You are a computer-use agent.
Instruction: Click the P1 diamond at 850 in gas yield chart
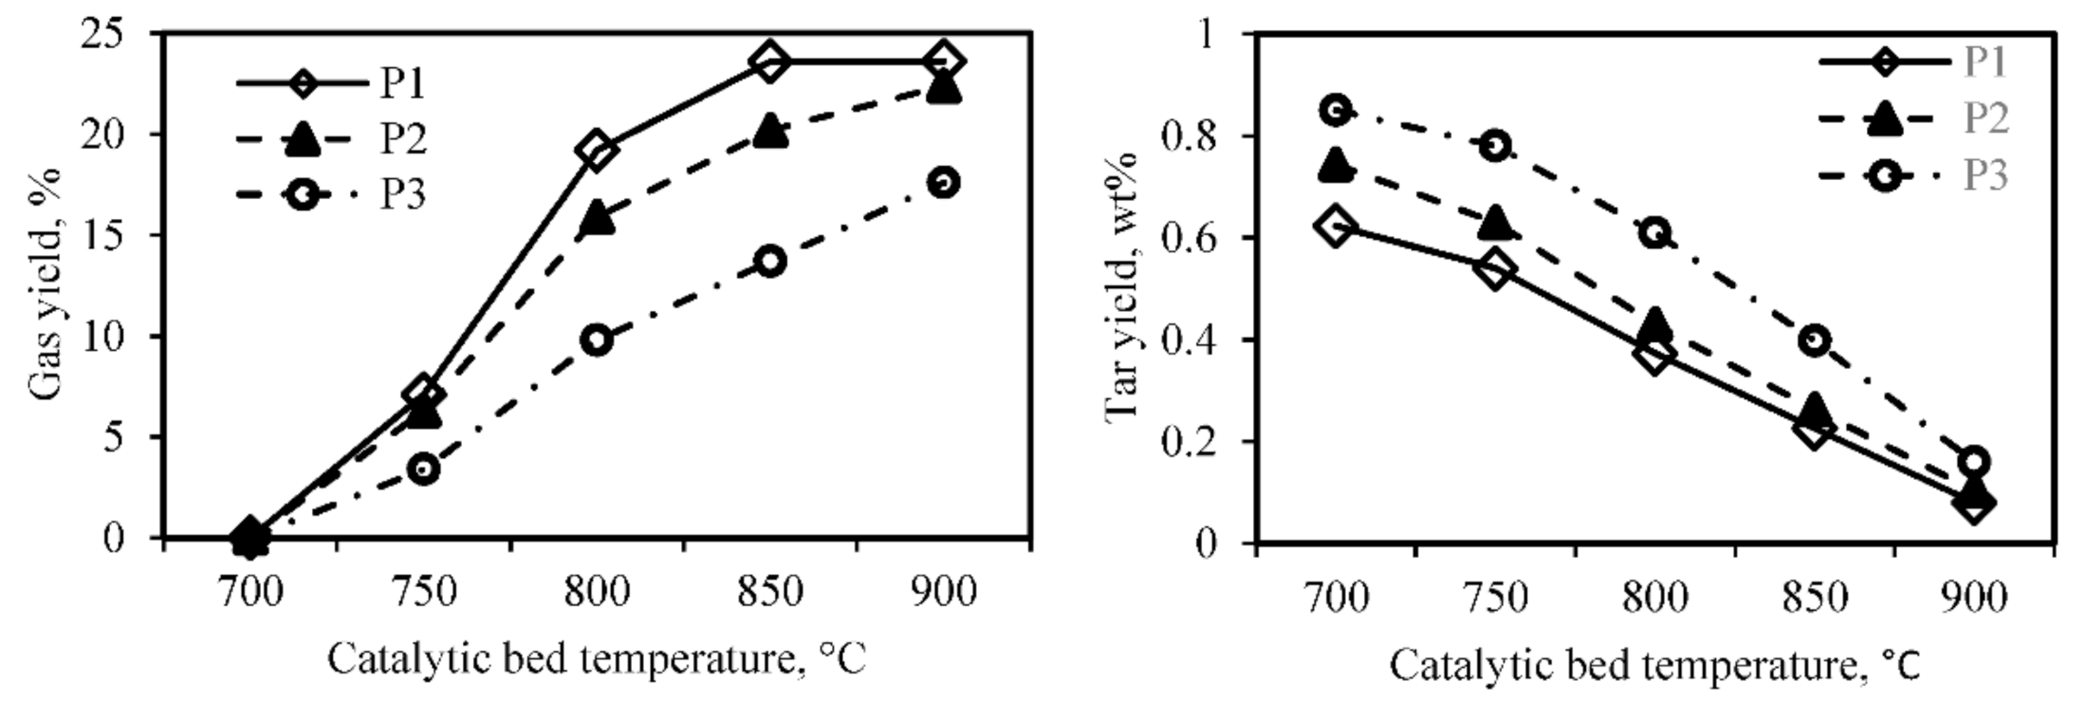(769, 62)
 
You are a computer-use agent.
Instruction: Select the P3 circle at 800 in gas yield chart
(597, 341)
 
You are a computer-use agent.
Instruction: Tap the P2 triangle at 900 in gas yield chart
(943, 89)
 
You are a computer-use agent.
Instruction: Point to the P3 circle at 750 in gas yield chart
(424, 470)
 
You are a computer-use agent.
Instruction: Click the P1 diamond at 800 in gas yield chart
(597, 150)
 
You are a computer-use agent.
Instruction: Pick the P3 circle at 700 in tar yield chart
(1335, 110)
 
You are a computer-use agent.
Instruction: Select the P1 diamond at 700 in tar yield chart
(1335, 225)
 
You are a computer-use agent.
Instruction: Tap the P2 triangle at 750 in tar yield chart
(1495, 222)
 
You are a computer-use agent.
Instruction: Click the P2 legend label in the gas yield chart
(403, 139)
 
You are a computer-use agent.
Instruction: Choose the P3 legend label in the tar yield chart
(1985, 174)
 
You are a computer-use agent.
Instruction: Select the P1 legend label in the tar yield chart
(1985, 62)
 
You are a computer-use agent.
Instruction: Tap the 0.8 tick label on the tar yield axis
(1190, 136)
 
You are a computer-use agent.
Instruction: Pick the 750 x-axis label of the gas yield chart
(424, 592)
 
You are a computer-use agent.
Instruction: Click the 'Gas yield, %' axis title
(45, 284)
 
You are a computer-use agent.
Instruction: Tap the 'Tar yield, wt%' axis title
(1122, 286)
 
